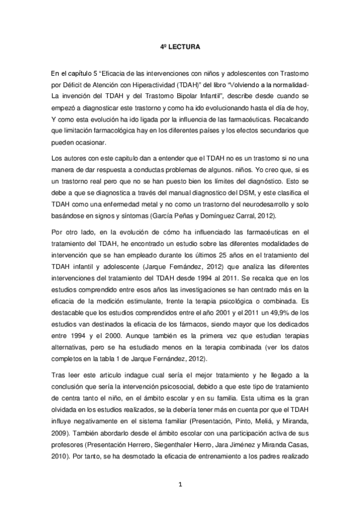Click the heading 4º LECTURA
tap(180, 46)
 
